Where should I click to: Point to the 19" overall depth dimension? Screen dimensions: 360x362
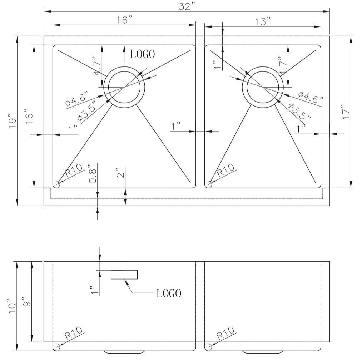coord(13,122)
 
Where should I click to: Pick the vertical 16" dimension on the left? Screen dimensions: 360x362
coord(29,116)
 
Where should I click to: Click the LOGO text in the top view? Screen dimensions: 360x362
coord(142,54)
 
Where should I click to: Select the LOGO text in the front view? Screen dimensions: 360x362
coord(169,294)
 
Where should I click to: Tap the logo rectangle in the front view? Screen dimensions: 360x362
coord(124,275)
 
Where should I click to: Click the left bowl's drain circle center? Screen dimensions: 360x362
coord(124,87)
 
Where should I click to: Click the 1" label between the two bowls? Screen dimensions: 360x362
coord(176,126)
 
